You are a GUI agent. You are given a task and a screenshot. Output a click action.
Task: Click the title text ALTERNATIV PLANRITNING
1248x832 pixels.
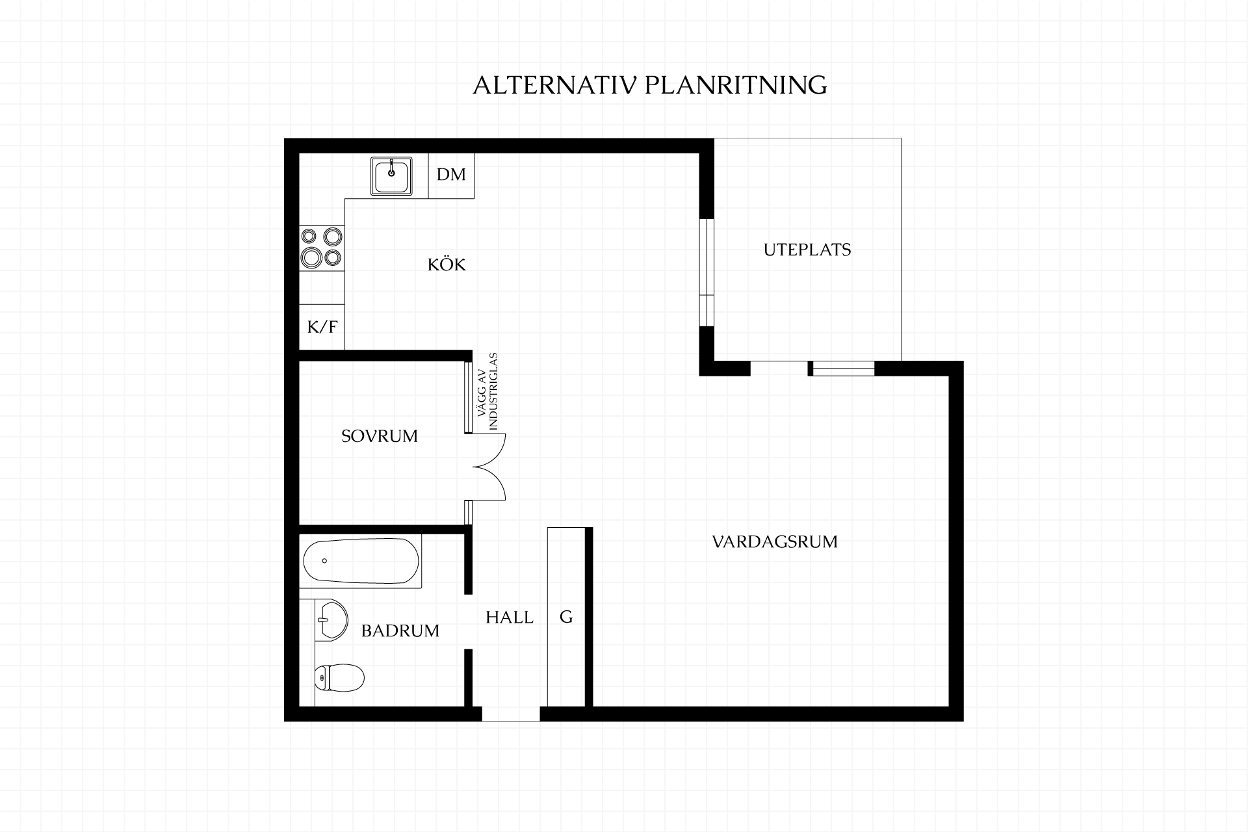pos(649,85)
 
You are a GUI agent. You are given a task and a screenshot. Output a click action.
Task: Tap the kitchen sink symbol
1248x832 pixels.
pos(391,175)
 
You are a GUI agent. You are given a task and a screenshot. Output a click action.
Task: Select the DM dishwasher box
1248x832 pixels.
pos(451,175)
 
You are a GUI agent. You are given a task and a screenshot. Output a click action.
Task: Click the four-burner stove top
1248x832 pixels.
pos(322,247)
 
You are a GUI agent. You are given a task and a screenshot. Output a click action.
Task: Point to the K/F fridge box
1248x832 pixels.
pos(322,326)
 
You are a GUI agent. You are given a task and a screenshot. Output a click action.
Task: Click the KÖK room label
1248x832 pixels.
pos(447,265)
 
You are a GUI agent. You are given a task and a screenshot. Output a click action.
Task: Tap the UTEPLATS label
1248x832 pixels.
pos(807,250)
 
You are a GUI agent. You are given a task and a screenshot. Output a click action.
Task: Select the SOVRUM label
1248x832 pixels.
pos(380,436)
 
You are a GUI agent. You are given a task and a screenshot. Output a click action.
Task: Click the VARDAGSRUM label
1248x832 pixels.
pos(775,541)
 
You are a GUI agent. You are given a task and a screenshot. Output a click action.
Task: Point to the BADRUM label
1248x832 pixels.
pos(400,630)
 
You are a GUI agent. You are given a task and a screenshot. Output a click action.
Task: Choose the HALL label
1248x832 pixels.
pos(510,617)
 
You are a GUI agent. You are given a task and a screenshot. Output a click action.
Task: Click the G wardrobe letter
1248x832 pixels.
pos(566,617)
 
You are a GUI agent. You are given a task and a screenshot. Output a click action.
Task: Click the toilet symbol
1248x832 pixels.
pos(339,678)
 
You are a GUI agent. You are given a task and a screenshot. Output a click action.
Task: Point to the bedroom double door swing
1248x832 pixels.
pos(489,467)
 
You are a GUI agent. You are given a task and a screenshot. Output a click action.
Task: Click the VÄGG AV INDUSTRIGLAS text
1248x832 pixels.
pos(487,391)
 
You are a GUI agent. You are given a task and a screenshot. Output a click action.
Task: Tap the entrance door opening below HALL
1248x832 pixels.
pos(511,714)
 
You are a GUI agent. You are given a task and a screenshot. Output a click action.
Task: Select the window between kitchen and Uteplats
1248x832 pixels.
pos(707,272)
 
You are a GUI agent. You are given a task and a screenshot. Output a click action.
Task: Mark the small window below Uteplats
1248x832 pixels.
pos(841,369)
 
